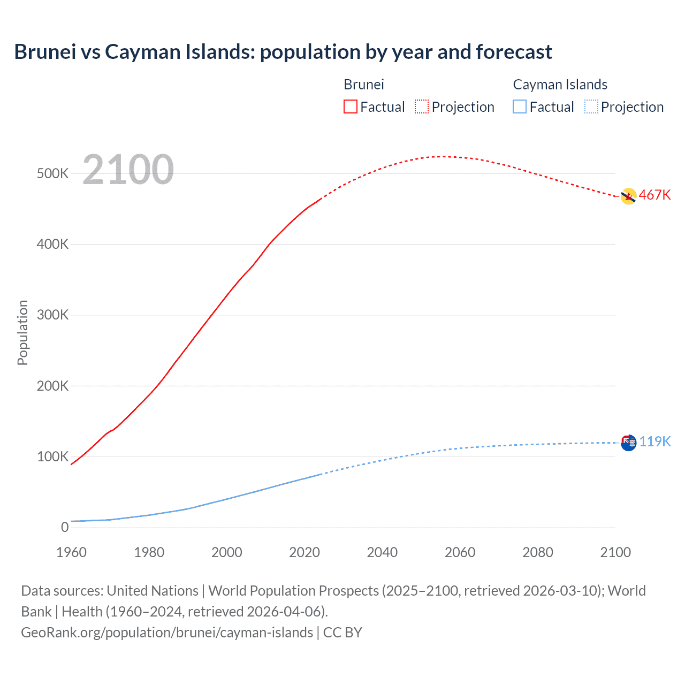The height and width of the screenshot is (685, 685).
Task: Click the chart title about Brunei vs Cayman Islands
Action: pyautogui.click(x=283, y=52)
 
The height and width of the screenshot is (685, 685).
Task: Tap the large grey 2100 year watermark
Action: pyautogui.click(x=128, y=170)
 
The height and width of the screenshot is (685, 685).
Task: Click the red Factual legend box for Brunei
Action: pyautogui.click(x=350, y=106)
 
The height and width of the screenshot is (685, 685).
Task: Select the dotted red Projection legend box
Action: pyautogui.click(x=422, y=106)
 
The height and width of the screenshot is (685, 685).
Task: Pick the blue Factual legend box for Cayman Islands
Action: pyautogui.click(x=519, y=106)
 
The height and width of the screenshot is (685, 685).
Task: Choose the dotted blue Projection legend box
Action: pyautogui.click(x=591, y=106)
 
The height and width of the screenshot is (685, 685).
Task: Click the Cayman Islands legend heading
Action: pyautogui.click(x=560, y=85)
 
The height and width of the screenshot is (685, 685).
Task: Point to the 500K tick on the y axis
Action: pyautogui.click(x=52, y=173)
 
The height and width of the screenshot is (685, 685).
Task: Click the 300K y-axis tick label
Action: pyautogui.click(x=52, y=315)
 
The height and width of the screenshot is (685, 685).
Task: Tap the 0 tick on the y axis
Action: pyautogui.click(x=65, y=527)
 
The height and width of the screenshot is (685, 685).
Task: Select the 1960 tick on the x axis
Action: pyautogui.click(x=71, y=552)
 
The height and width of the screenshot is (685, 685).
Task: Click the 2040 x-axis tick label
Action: pyautogui.click(x=382, y=552)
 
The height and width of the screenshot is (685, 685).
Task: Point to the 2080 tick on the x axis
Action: pyautogui.click(x=538, y=552)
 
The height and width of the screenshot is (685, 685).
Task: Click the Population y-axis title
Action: pyautogui.click(x=22, y=332)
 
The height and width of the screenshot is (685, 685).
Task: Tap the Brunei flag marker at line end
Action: pyautogui.click(x=628, y=196)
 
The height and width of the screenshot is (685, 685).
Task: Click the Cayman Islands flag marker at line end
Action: pyautogui.click(x=628, y=443)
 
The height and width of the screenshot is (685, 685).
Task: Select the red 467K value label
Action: pyautogui.click(x=654, y=195)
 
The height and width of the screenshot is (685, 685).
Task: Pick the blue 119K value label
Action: pyautogui.click(x=654, y=442)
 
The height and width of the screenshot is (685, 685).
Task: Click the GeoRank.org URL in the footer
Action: pyautogui.click(x=167, y=632)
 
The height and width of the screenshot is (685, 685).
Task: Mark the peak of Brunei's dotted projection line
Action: pyautogui.click(x=440, y=156)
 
